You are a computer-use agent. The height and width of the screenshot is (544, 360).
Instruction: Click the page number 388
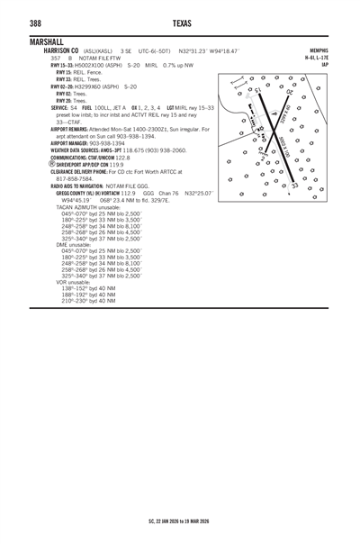pyautogui.click(x=39, y=23)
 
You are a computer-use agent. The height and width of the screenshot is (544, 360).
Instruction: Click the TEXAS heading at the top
pyautogui.click(x=180, y=23)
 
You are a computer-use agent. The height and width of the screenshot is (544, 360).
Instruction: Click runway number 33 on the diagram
pyautogui.click(x=295, y=186)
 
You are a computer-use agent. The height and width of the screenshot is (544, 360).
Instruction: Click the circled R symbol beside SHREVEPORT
pyautogui.click(x=33, y=165)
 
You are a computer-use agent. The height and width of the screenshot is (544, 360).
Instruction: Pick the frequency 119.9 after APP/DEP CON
pyautogui.click(x=117, y=165)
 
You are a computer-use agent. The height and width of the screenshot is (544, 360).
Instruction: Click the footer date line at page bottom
pyautogui.click(x=180, y=521)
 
